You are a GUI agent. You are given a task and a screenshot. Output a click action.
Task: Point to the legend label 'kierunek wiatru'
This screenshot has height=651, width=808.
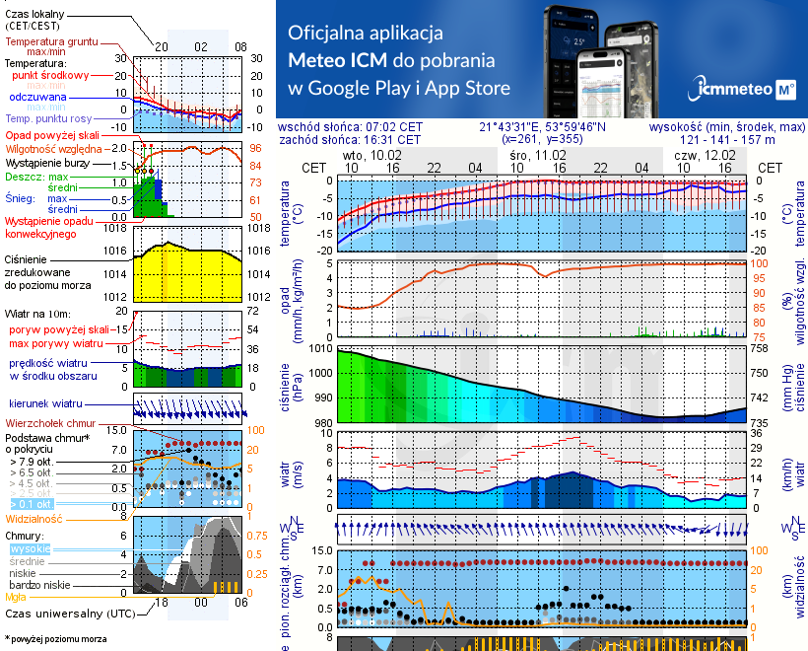click(47, 404)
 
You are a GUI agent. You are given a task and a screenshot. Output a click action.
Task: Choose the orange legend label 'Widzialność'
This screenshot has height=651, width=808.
click(34, 517)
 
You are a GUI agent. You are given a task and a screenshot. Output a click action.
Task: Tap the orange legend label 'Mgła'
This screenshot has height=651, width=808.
click(16, 596)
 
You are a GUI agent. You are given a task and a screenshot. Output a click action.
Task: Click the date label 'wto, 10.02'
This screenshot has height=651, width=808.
click(373, 155)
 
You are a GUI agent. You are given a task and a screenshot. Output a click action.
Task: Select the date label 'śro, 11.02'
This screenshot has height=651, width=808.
click(538, 155)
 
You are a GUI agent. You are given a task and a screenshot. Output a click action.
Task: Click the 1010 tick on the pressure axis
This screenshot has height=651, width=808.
click(321, 348)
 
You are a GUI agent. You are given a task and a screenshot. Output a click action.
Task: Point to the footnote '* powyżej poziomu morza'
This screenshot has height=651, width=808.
click(55, 639)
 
